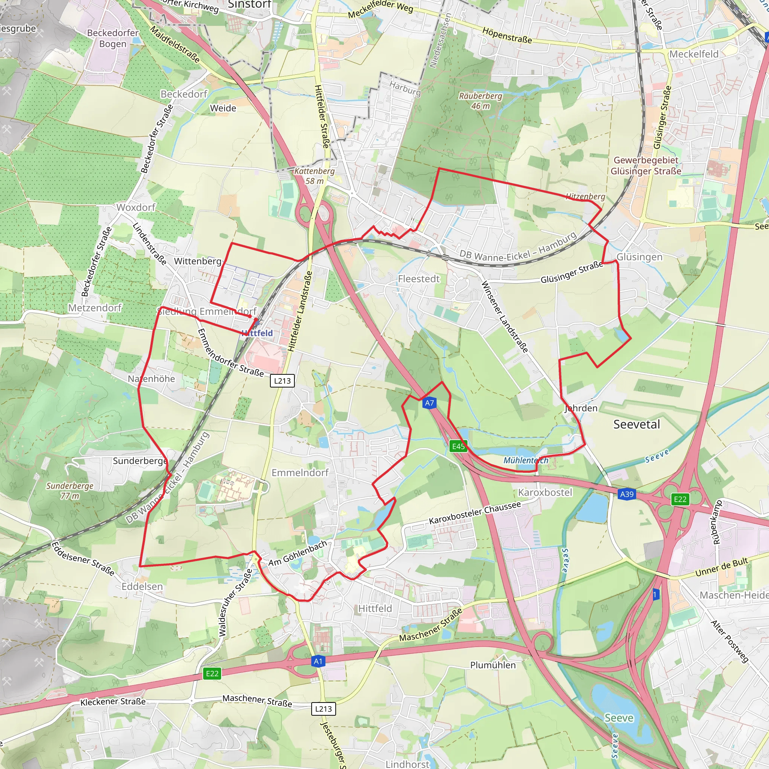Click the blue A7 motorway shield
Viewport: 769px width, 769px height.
coord(429,403)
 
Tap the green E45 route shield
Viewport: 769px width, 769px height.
coord(458,446)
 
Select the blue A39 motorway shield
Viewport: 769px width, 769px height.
coord(627,495)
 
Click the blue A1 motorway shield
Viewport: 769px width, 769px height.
coord(318,662)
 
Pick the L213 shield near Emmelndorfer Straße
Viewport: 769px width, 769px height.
coord(282,380)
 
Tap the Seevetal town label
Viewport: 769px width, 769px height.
coord(636,424)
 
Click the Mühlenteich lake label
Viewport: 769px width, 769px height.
coord(526,460)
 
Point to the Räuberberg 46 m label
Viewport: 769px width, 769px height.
coord(480,101)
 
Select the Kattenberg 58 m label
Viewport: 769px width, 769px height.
coord(314,175)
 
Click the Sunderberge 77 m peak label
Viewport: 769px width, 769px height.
coord(70,491)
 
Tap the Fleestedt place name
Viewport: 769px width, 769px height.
coord(419,279)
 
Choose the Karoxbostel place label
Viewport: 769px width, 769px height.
coord(545,492)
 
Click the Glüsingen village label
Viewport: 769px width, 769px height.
coord(639,257)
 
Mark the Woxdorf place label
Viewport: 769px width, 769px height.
coord(136,207)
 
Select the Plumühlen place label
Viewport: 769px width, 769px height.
coord(493,665)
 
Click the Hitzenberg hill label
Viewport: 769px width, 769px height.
coord(585,196)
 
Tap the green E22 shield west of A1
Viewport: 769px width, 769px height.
coord(212,674)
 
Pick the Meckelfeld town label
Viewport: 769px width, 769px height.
coord(694,54)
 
